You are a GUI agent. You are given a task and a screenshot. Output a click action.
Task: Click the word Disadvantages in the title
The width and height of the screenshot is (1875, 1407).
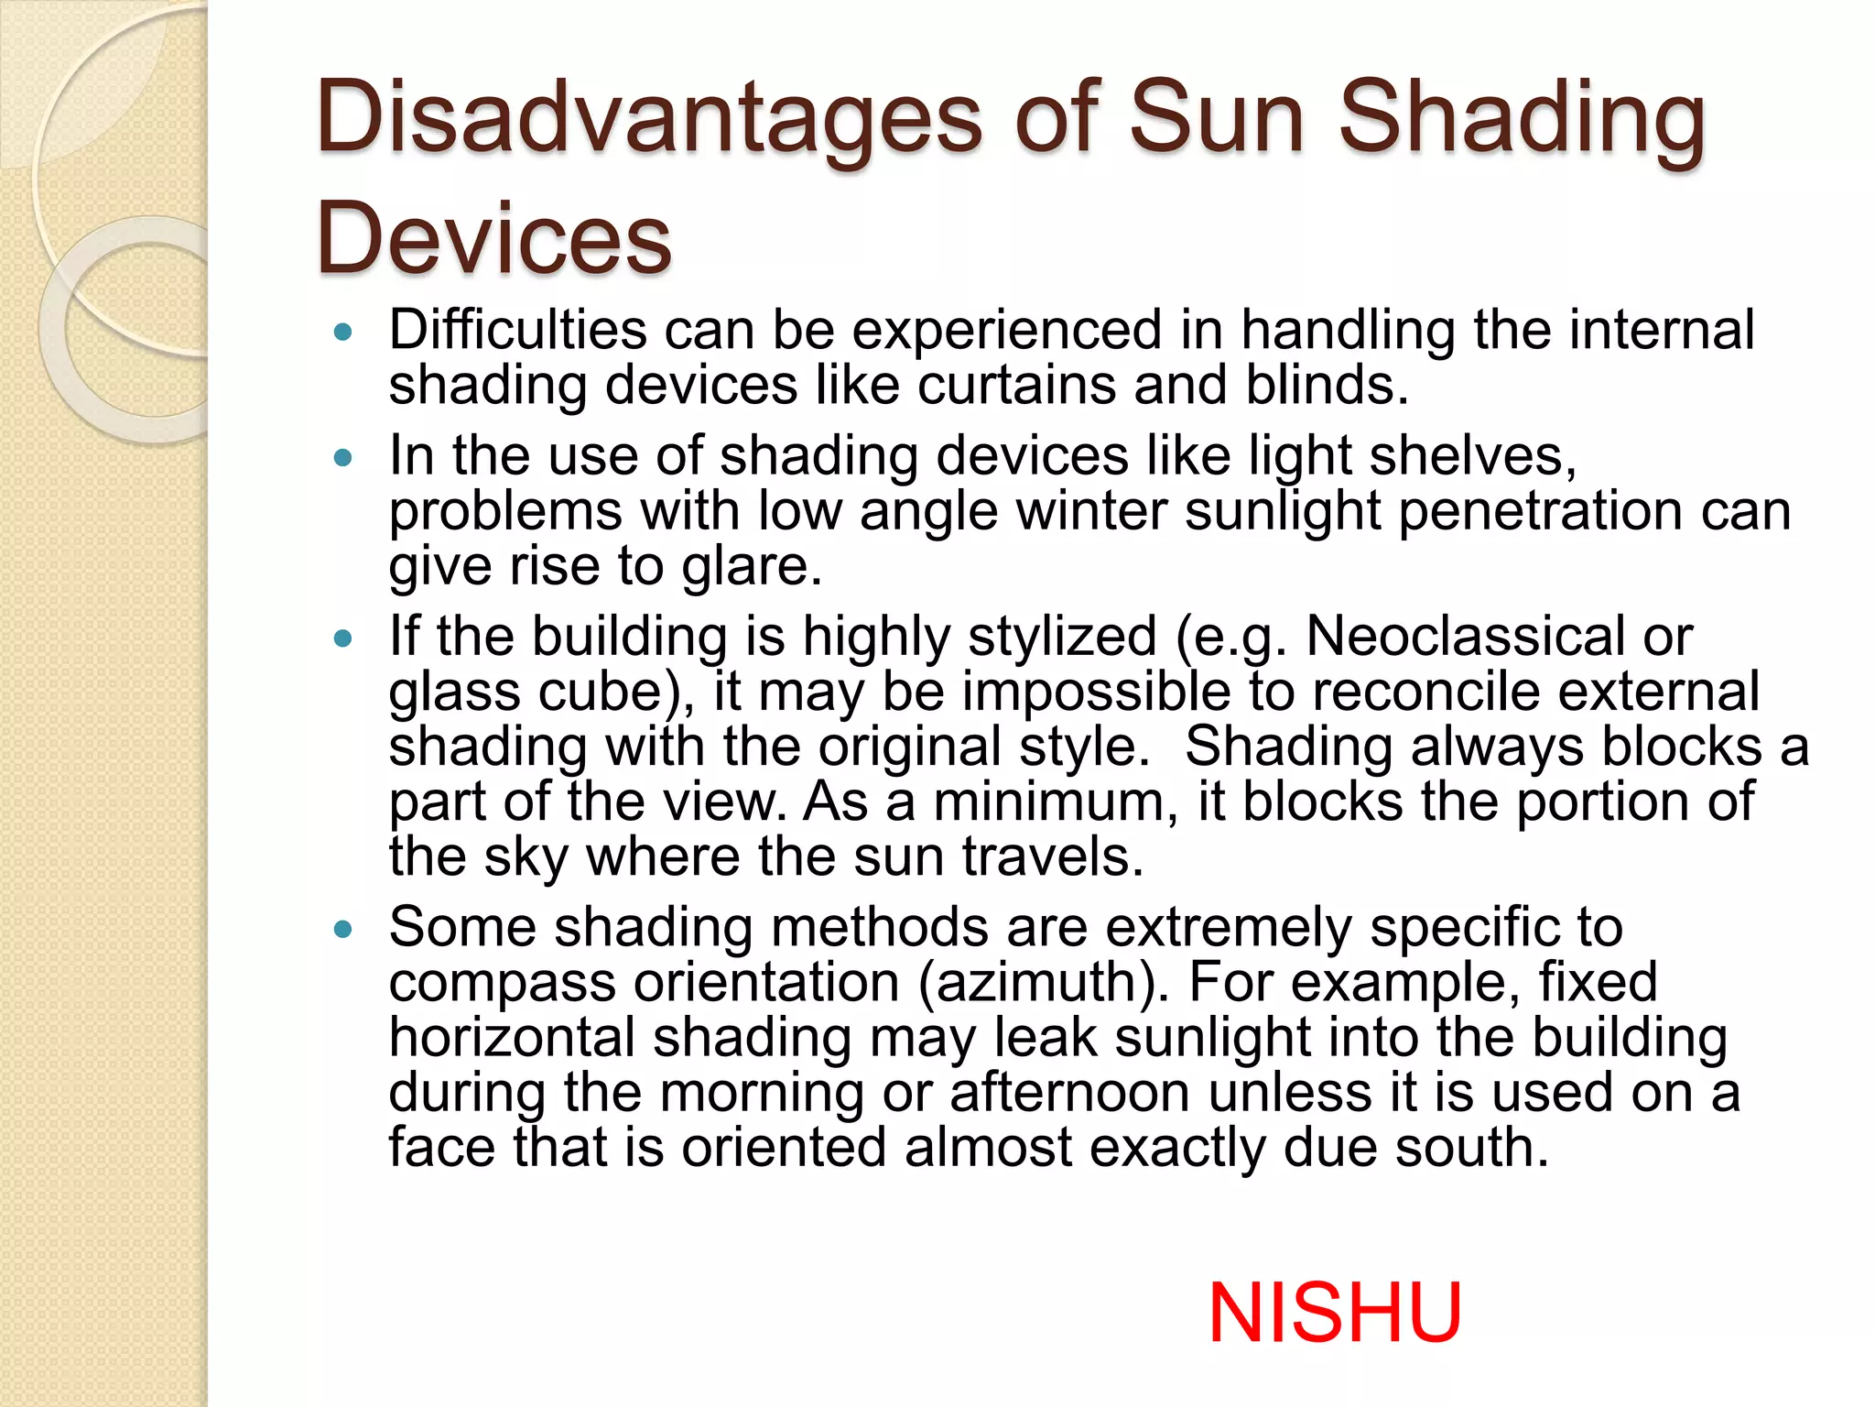(x=648, y=119)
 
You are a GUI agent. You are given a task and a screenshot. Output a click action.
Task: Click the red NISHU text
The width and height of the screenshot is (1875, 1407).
(x=1335, y=1313)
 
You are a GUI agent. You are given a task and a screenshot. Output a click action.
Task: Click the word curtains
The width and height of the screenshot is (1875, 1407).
(x=1016, y=385)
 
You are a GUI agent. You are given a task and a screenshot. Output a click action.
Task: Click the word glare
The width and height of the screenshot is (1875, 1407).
(x=751, y=566)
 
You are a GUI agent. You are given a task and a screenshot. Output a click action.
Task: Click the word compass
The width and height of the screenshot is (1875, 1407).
(x=503, y=983)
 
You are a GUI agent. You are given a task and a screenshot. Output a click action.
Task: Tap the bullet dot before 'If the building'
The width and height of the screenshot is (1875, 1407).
(x=343, y=639)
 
